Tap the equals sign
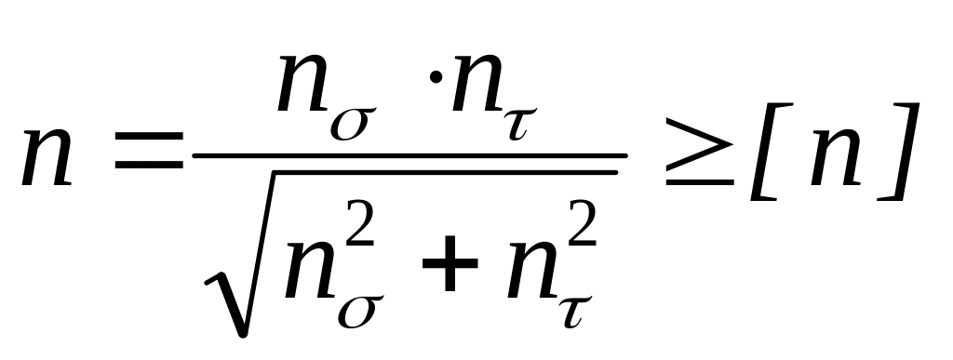click(x=149, y=150)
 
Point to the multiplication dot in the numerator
click(x=436, y=78)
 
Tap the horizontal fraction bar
click(x=409, y=156)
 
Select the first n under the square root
click(x=311, y=271)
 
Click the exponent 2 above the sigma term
click(x=360, y=223)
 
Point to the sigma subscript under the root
click(x=361, y=312)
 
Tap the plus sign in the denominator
click(x=450, y=263)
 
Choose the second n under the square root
click(x=533, y=271)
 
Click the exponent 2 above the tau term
click(x=582, y=223)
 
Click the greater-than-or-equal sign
click(x=700, y=152)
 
